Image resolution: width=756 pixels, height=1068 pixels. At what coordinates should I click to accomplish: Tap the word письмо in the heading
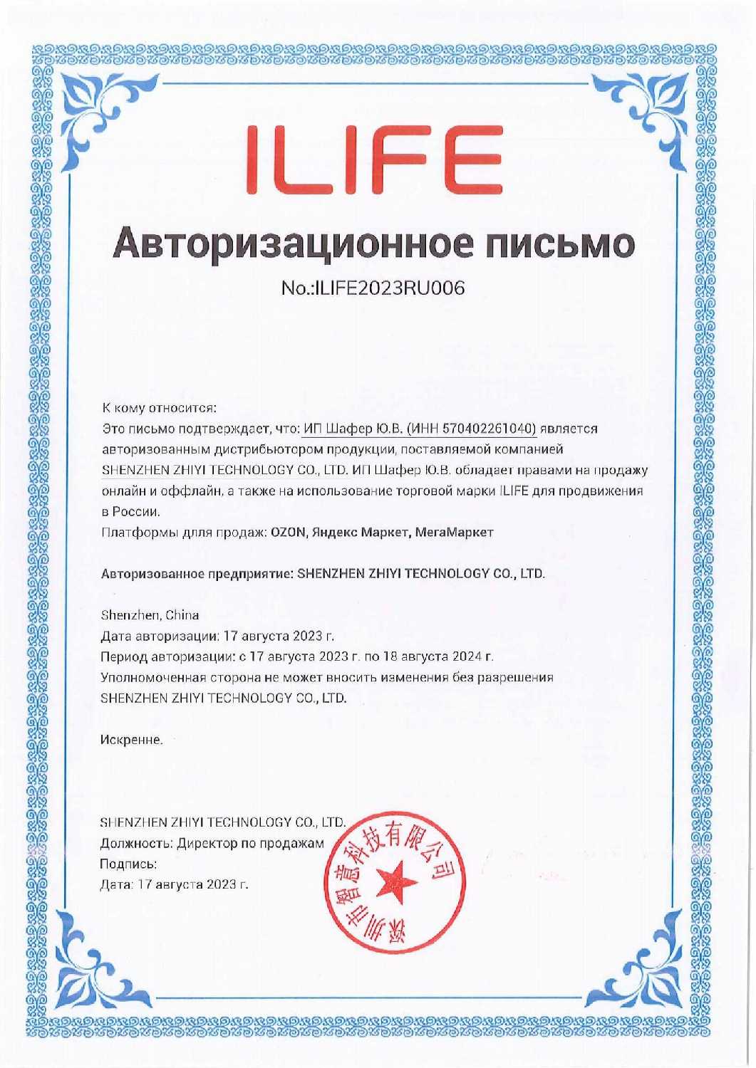pyautogui.click(x=561, y=244)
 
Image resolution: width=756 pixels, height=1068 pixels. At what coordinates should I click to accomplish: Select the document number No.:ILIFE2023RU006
pyautogui.click(x=373, y=288)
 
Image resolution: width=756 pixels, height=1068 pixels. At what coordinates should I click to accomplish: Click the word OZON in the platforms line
pyautogui.click(x=286, y=533)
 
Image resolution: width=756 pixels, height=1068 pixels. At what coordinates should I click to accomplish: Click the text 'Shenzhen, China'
pyautogui.click(x=150, y=615)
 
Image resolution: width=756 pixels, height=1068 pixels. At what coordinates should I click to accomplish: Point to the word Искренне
pyautogui.click(x=132, y=740)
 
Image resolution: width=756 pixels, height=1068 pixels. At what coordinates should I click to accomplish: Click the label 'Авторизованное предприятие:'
pyautogui.click(x=196, y=574)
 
